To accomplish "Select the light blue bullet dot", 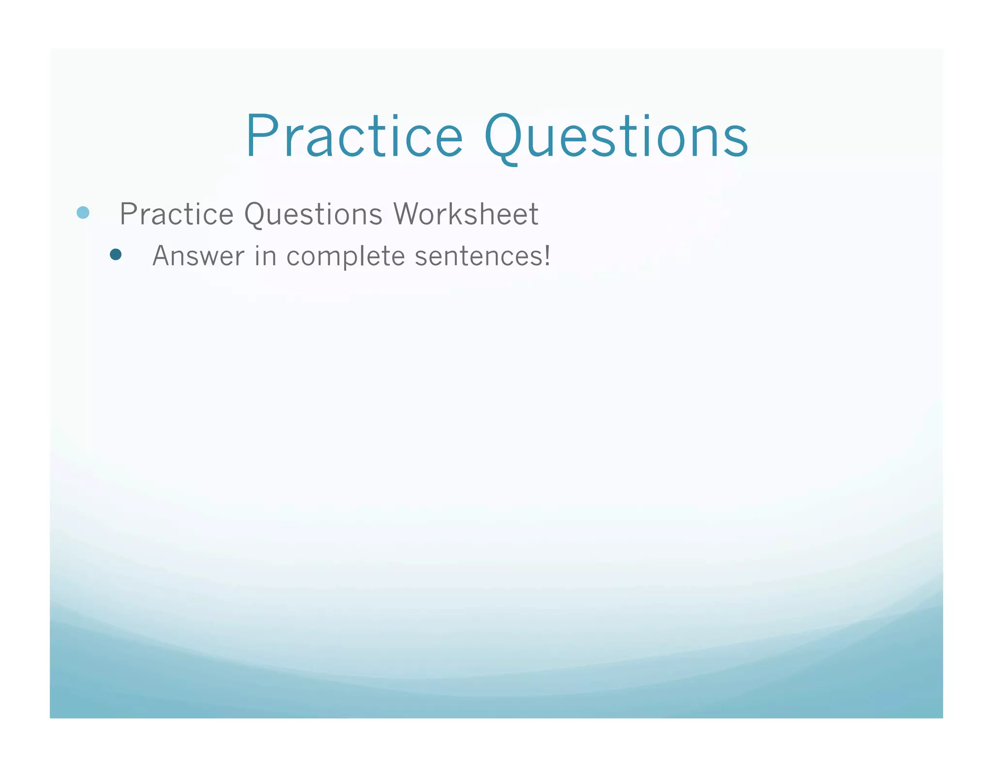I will [83, 213].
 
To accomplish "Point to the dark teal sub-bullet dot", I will [115, 255].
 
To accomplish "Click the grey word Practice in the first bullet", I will [176, 214].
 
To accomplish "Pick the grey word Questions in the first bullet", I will [313, 214].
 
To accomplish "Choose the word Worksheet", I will [465, 214].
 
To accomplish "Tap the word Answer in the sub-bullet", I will [198, 256].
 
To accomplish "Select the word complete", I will [345, 256].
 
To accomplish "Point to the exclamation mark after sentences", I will [547, 255].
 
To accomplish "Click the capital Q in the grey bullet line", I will [256, 215].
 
